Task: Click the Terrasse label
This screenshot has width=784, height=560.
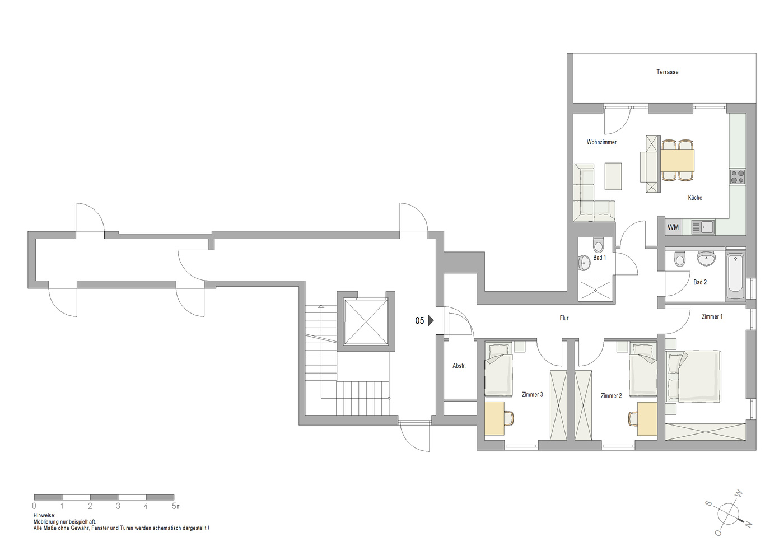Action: [667, 72]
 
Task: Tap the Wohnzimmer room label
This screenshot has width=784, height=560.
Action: [601, 142]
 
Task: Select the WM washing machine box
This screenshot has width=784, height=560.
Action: [673, 227]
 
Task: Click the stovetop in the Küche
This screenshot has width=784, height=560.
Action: [738, 177]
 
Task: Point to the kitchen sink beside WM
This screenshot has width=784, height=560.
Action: [703, 227]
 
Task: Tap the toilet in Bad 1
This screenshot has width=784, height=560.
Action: [598, 245]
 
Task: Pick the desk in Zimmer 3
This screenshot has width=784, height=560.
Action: [494, 419]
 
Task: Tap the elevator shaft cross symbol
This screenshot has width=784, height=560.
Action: [366, 321]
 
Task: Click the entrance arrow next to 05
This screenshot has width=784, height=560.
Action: [431, 320]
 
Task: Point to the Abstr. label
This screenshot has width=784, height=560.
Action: [459, 366]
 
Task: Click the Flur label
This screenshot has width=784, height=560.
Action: [564, 318]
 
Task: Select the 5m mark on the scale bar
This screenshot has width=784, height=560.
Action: [176, 506]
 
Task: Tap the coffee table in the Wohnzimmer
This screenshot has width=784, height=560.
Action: [613, 176]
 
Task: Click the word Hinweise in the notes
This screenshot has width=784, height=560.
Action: [44, 516]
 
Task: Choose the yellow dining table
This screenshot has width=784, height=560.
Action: [677, 160]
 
